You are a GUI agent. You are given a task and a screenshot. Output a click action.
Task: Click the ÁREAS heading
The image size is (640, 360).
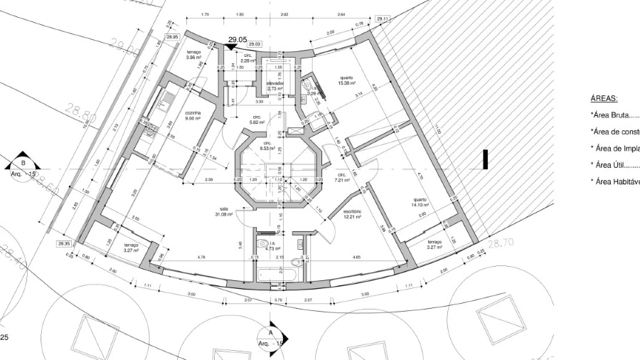[x=604, y=99]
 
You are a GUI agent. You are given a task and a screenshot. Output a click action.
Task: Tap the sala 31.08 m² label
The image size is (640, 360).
[x=225, y=211]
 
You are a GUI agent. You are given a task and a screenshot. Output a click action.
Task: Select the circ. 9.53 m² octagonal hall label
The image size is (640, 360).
[x=267, y=146]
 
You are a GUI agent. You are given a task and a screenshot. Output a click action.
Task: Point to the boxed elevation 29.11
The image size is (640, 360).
[x=383, y=18]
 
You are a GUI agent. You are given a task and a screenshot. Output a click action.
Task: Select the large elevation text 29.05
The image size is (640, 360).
[x=238, y=41]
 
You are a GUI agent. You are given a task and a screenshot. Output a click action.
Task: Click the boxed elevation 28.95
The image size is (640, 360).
[x=172, y=36]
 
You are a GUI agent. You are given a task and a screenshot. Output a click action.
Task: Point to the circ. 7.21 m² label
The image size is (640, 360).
[x=342, y=177]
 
